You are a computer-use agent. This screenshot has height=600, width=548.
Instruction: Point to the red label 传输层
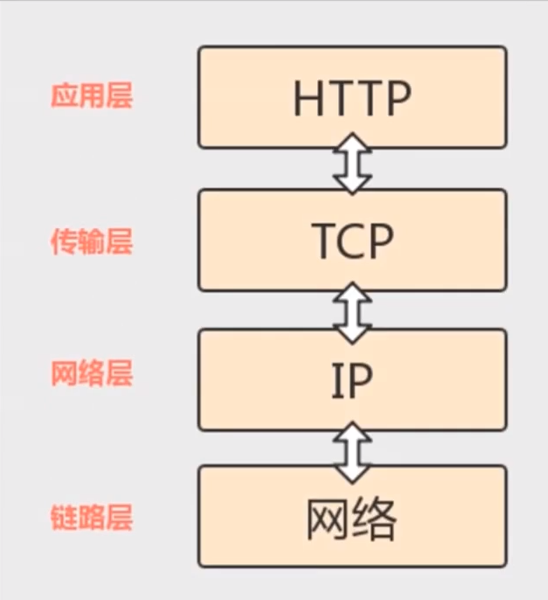(x=91, y=241)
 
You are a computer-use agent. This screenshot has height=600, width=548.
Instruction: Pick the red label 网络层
(x=91, y=374)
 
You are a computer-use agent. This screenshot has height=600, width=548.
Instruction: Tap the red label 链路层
(x=91, y=518)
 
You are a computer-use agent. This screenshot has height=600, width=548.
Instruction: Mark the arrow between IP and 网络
(x=352, y=448)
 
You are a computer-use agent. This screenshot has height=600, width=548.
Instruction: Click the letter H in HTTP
(x=308, y=100)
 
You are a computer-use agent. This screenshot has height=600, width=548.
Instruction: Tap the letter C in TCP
(x=352, y=241)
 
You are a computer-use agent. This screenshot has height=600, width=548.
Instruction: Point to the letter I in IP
(x=336, y=380)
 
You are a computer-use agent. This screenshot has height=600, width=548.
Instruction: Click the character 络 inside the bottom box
(x=376, y=520)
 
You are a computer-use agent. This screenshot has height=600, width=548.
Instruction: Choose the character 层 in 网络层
(x=119, y=374)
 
